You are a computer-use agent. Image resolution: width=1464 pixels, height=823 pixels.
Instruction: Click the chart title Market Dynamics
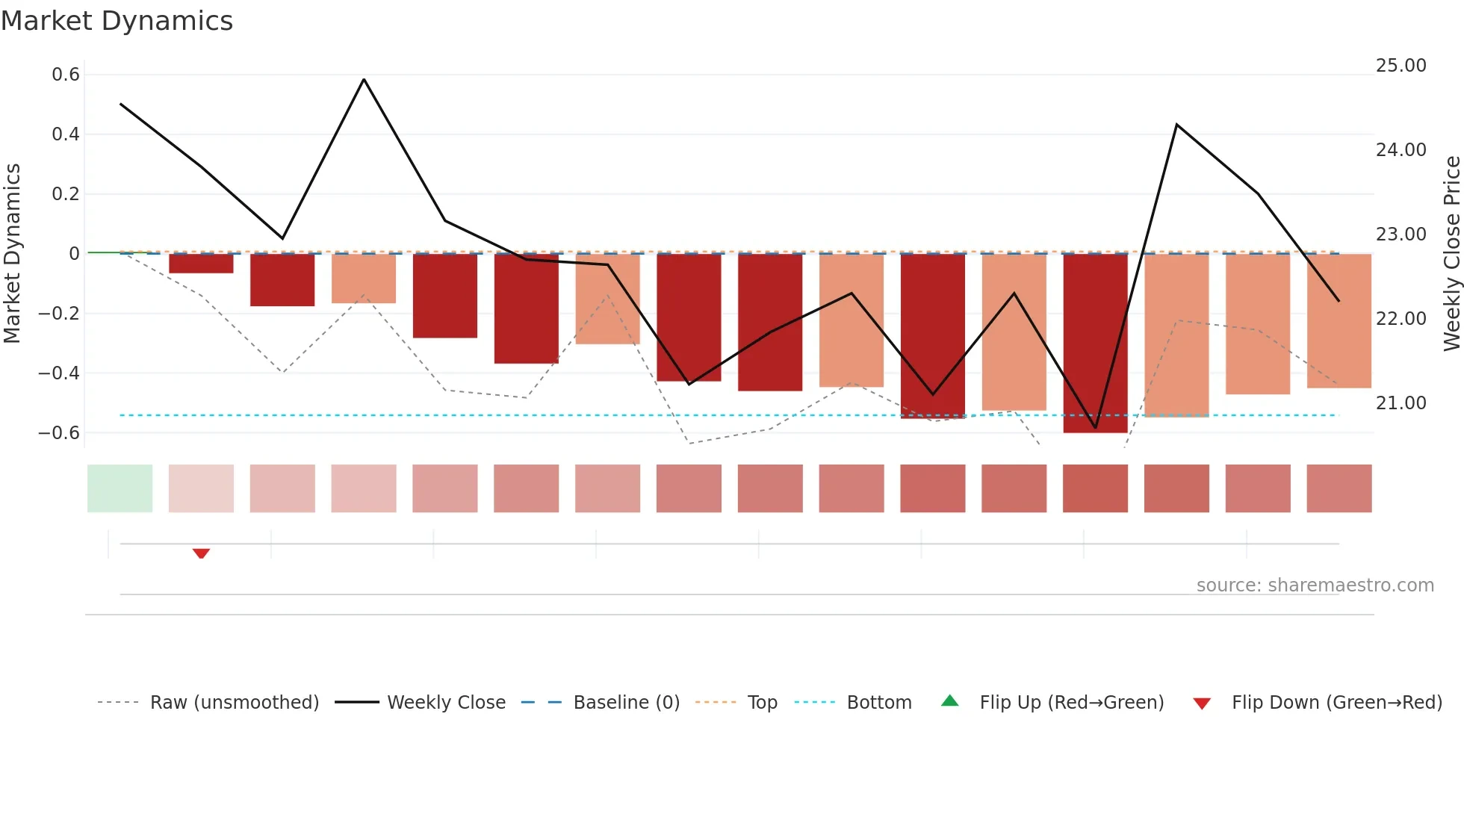coord(117,21)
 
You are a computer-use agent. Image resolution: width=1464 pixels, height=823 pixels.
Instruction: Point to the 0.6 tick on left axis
coord(66,75)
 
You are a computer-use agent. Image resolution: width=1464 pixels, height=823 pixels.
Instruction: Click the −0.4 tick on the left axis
coord(59,373)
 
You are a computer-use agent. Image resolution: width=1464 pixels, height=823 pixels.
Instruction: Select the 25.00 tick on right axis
coord(1401,66)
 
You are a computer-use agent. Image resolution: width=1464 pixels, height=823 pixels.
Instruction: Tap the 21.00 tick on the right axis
coord(1401,403)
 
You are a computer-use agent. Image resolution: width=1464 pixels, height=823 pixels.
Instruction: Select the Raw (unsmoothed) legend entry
coord(234,703)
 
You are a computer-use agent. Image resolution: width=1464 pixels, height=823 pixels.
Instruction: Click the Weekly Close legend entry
coord(446,703)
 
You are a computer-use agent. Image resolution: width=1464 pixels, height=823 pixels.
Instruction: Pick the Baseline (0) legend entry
coord(626,703)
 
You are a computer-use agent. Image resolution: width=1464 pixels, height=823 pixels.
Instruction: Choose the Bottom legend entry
coord(878,703)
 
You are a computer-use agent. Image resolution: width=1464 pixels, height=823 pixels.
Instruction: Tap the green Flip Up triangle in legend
coord(950,701)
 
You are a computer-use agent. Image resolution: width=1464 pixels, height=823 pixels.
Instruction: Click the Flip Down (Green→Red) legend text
coord(1336,703)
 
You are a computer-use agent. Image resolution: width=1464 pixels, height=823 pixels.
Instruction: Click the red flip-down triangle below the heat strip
coord(201,553)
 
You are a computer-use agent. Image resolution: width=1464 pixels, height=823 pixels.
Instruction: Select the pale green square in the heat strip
coord(120,488)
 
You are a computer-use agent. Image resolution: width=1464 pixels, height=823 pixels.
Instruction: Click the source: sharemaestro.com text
coord(1315,586)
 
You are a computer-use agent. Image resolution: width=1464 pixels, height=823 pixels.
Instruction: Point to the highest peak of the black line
coord(364,79)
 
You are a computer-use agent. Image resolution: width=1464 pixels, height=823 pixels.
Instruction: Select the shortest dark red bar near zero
coord(201,264)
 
